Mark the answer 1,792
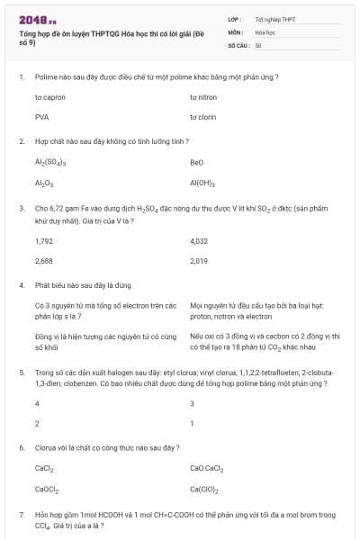(44, 241)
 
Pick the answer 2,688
(44, 261)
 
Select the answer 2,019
(200, 261)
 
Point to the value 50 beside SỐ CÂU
(258, 44)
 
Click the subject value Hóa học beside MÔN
(264, 31)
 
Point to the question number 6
(21, 447)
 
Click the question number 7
(21, 515)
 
